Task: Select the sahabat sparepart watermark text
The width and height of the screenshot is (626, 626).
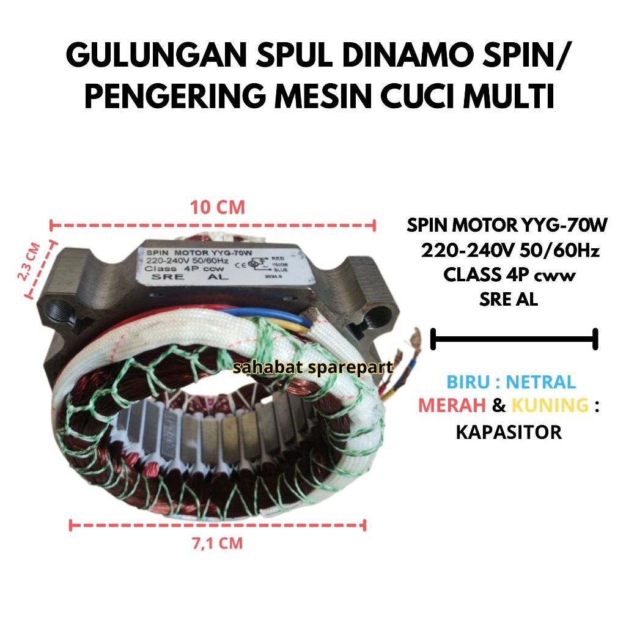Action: [314, 367]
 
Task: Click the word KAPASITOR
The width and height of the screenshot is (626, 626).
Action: [509, 432]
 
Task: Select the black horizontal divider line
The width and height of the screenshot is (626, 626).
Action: [514, 338]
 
